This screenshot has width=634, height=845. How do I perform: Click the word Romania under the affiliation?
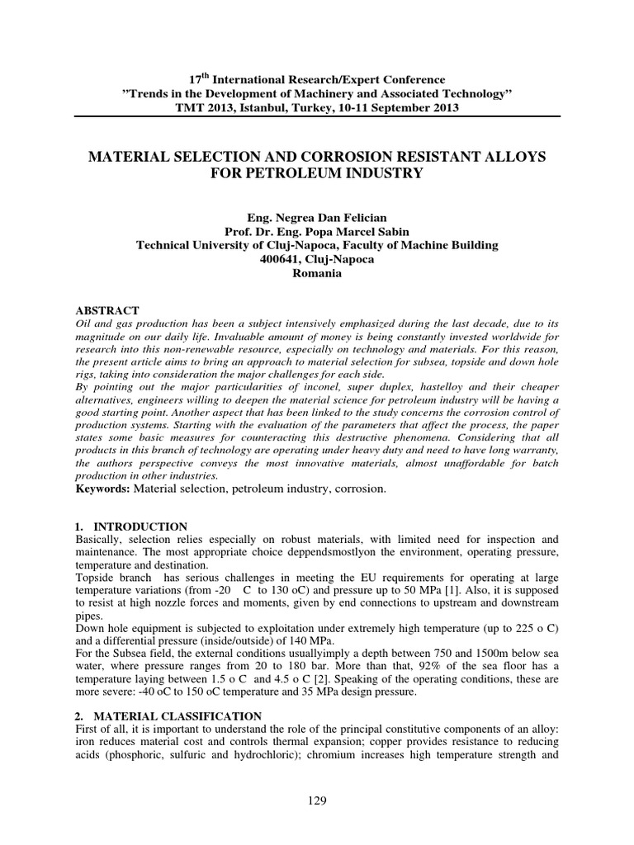317,274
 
